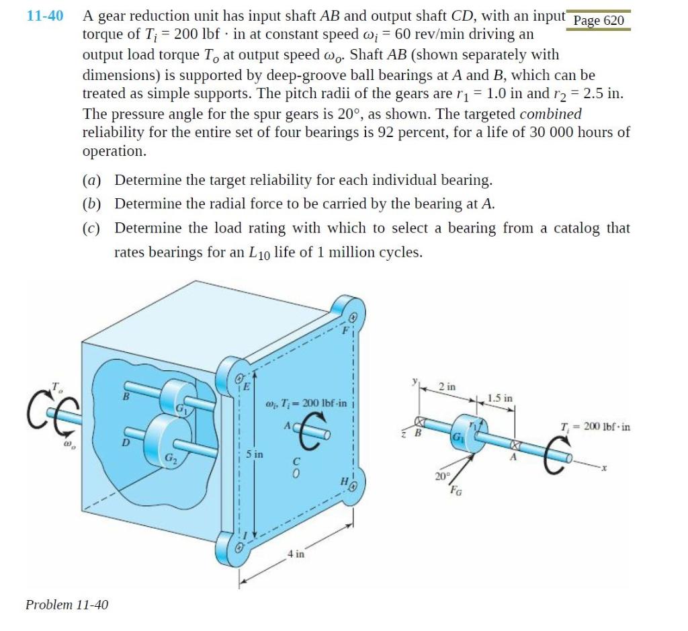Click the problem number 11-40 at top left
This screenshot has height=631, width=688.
click(x=45, y=15)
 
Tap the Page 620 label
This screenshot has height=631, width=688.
click(x=599, y=20)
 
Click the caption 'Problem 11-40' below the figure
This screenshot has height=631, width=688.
click(x=67, y=604)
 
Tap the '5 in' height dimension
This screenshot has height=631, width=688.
click(x=255, y=454)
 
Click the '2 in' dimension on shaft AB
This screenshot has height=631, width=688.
click(x=447, y=387)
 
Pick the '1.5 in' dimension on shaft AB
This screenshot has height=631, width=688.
click(x=500, y=398)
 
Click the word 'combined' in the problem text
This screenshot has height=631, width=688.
click(x=551, y=114)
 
